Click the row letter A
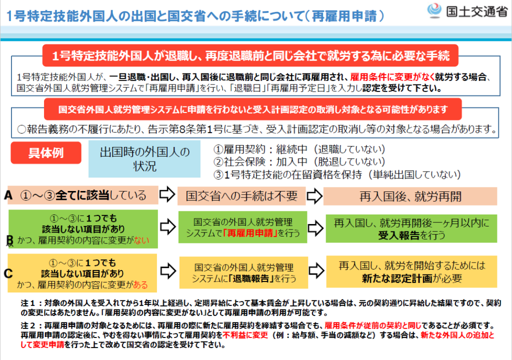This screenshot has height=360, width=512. point(8,195)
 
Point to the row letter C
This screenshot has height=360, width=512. point(8,273)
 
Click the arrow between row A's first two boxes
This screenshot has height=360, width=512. point(167,195)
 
